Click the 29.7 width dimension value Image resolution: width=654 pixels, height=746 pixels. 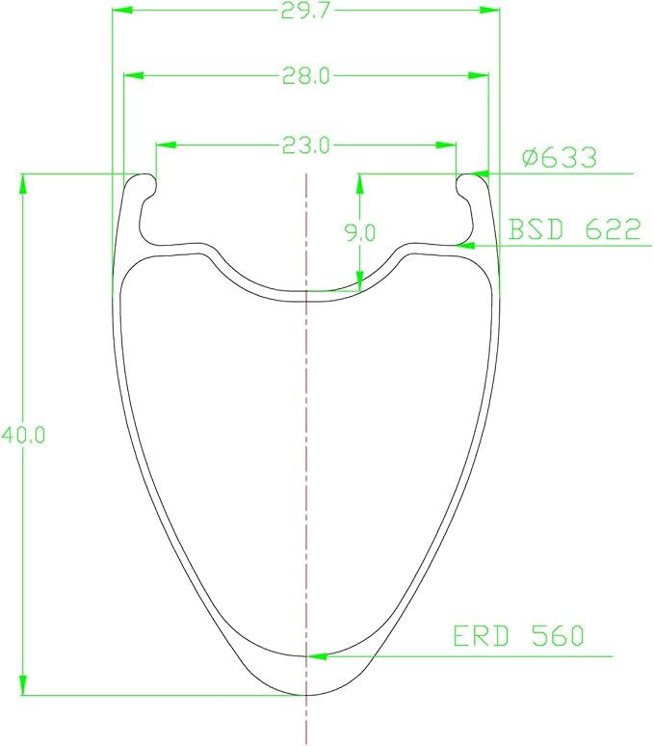click(x=304, y=10)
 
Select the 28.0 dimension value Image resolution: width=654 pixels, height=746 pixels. click(x=305, y=75)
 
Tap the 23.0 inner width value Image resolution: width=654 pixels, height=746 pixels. click(x=305, y=146)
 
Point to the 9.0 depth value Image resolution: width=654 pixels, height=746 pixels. click(x=360, y=232)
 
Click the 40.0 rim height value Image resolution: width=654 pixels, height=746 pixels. click(x=23, y=436)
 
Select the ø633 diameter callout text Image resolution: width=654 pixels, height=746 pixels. click(x=559, y=157)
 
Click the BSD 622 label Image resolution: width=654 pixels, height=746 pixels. click(x=575, y=229)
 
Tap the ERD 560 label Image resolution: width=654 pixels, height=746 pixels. click(x=518, y=635)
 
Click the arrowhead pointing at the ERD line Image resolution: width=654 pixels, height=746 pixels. click(x=318, y=656)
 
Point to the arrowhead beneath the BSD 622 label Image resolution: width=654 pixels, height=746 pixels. click(x=466, y=246)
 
